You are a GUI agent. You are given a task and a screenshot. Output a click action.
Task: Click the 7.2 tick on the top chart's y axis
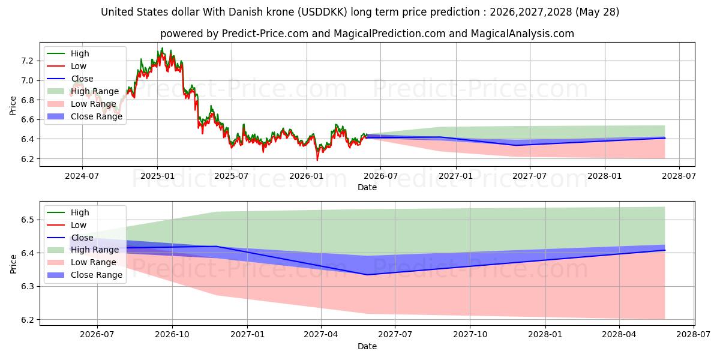(x=27, y=61)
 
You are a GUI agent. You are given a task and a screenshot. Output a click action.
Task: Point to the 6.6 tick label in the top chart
(x=27, y=119)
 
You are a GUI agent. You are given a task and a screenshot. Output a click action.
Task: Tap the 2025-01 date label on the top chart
(x=157, y=176)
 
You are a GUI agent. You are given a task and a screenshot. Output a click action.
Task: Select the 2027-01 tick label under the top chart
(x=455, y=176)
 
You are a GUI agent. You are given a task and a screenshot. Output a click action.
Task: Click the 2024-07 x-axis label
(x=82, y=176)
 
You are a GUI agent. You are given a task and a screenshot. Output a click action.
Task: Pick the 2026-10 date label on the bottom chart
(x=172, y=335)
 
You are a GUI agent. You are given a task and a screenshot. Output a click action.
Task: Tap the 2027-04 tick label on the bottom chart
(x=321, y=335)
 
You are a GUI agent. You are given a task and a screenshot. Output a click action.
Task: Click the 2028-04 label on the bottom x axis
(x=619, y=335)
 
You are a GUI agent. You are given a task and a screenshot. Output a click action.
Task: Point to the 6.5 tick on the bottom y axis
(x=27, y=220)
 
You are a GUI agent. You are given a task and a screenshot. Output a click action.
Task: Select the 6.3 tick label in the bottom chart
(x=27, y=286)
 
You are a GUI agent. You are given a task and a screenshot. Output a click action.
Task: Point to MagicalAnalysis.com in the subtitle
(x=523, y=34)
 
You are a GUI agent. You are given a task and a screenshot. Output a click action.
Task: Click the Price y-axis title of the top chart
(x=13, y=106)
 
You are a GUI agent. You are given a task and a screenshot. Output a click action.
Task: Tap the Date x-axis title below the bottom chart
(x=367, y=346)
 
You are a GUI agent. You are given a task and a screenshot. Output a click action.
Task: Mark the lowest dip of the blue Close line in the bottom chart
(x=367, y=275)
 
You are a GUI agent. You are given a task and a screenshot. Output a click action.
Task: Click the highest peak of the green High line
(x=162, y=48)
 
